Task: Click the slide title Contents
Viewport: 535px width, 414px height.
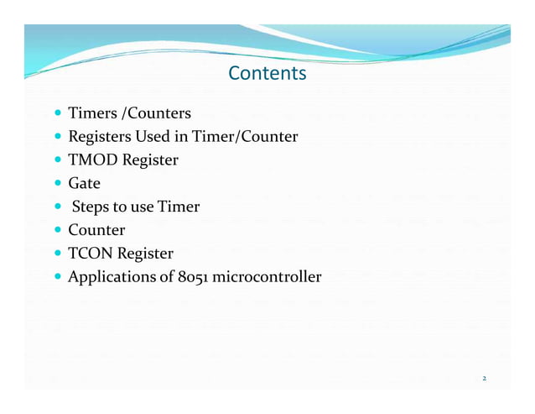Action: tap(267, 74)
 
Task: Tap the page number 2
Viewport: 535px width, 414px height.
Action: tap(484, 378)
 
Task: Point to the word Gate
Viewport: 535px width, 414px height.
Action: tap(84, 183)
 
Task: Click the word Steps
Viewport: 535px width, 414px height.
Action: tap(91, 207)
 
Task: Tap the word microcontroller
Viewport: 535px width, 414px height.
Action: tap(268, 277)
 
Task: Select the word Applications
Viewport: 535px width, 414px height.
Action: tap(111, 277)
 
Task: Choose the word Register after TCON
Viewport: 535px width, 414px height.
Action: tap(146, 254)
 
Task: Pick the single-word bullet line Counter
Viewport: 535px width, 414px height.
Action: tap(96, 230)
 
